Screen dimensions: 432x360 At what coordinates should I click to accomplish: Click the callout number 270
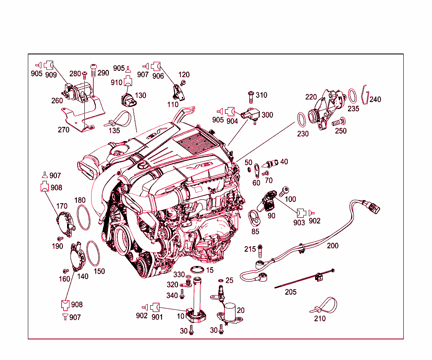click(63, 130)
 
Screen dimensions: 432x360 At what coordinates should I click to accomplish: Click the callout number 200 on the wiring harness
click(332, 246)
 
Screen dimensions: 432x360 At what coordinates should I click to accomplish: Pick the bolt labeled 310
click(251, 97)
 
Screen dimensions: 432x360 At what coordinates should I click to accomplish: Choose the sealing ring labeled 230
click(298, 120)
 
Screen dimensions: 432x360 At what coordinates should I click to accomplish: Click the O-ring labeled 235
click(349, 96)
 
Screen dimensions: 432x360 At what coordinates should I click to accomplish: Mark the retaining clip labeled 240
click(365, 95)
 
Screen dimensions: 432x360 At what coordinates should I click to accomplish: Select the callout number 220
click(311, 97)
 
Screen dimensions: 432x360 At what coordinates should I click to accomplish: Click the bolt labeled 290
click(94, 71)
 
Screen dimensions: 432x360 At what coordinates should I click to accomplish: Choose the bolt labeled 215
click(260, 251)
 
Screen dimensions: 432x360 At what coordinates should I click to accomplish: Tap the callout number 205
click(291, 292)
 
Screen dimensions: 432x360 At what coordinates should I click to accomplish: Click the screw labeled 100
click(283, 191)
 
